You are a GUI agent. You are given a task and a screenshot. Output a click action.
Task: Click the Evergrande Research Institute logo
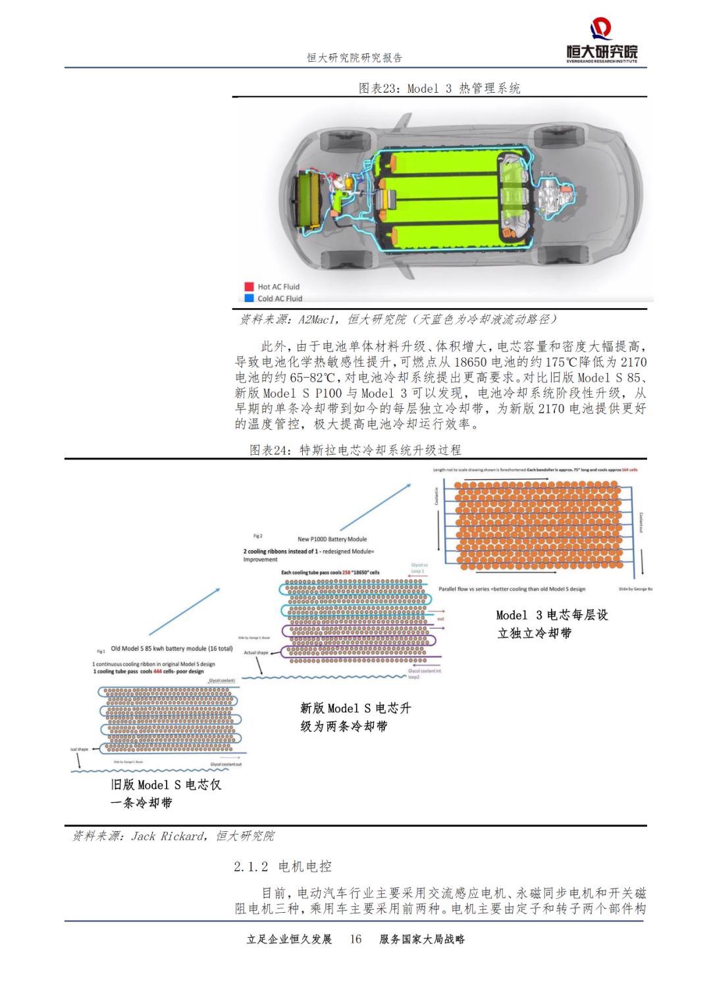click(602, 41)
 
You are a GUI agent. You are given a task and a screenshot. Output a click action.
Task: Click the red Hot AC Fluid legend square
click(249, 286)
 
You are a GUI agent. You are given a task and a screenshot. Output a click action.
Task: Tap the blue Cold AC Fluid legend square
click(249, 298)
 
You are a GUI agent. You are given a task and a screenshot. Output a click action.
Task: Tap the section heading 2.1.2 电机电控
click(282, 866)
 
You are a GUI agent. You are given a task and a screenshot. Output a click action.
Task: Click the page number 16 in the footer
click(355, 939)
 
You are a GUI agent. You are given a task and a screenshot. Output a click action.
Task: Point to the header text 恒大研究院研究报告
click(354, 58)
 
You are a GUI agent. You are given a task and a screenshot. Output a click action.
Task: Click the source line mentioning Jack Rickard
click(173, 836)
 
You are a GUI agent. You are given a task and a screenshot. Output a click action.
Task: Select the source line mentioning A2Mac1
click(398, 319)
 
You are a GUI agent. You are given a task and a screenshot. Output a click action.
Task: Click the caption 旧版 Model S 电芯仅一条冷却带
click(165, 793)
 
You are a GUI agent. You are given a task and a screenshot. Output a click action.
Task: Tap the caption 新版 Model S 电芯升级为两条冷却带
click(355, 717)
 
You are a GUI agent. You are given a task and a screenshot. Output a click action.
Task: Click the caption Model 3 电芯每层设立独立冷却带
click(552, 623)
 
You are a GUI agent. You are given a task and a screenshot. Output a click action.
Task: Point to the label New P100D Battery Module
click(332, 539)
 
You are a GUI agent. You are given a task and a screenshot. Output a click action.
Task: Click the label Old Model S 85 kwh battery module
click(171, 648)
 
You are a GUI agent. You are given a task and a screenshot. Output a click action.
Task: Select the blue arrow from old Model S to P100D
click(185, 611)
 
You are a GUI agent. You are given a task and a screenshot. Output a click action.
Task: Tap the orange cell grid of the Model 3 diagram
click(538, 525)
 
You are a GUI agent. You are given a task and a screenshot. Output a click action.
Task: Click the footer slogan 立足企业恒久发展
click(289, 939)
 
